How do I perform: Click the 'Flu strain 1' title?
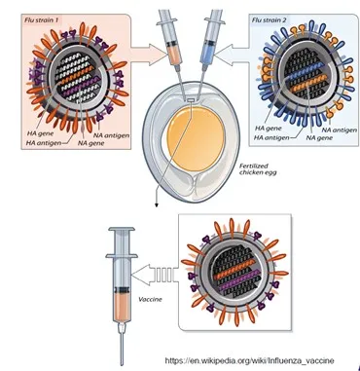(x=41, y=19)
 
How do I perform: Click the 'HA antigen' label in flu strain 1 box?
(x=44, y=142)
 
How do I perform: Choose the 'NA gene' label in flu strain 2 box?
(x=319, y=137)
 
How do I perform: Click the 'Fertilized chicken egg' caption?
(x=258, y=169)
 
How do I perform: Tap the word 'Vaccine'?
(x=150, y=299)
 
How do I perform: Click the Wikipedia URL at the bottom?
(x=249, y=360)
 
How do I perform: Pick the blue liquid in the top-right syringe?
(x=206, y=55)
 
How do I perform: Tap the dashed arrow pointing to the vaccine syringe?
(x=155, y=276)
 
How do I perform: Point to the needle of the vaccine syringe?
(x=122, y=349)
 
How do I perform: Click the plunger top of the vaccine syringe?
(x=122, y=230)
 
